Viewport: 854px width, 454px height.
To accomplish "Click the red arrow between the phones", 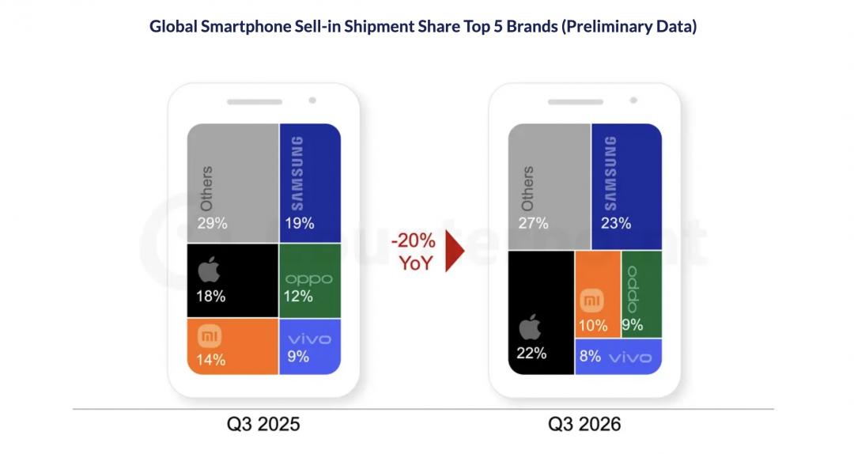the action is coord(454,251).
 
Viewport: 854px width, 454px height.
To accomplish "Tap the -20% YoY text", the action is coord(414,252).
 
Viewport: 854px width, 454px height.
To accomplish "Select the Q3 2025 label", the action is coord(263,424).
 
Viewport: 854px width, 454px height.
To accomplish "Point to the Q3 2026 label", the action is coord(584,424).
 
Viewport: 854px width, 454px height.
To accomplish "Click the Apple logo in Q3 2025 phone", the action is coord(209,269).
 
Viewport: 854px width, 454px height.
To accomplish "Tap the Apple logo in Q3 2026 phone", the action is coord(529,327).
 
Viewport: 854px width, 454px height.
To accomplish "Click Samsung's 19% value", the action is coord(300,223).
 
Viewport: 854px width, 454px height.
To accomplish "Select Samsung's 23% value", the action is coord(616,223).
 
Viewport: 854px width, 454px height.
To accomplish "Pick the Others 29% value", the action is coord(213,223).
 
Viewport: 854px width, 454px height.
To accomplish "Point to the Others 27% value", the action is coord(533,223).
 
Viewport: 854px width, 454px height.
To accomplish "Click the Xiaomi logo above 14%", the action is coord(210,335).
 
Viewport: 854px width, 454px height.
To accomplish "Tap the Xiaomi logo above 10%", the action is coord(591,301).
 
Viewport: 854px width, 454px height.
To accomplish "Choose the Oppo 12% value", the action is coord(298,297).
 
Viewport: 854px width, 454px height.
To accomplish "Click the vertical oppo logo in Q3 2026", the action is coord(633,289).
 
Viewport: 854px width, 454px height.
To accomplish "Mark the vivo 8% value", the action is coord(590,357).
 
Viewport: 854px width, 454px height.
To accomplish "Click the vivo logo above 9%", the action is coord(309,339).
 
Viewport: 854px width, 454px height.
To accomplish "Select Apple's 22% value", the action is coord(531,354).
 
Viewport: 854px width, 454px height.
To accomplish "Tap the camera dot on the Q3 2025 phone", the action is coord(312,100).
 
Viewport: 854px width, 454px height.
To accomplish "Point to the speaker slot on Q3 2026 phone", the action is coord(575,102).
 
